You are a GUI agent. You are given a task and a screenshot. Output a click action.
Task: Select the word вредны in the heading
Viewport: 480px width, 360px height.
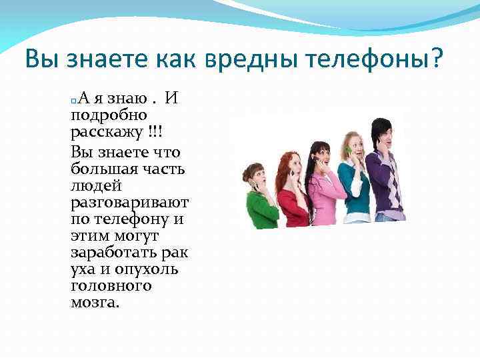click(241, 61)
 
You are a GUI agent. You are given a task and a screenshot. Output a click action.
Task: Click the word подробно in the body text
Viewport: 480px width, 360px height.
click(108, 116)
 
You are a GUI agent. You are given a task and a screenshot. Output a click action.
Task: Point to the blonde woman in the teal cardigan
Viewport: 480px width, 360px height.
click(353, 177)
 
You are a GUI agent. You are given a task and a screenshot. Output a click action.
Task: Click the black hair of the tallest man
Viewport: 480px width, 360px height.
click(381, 126)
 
